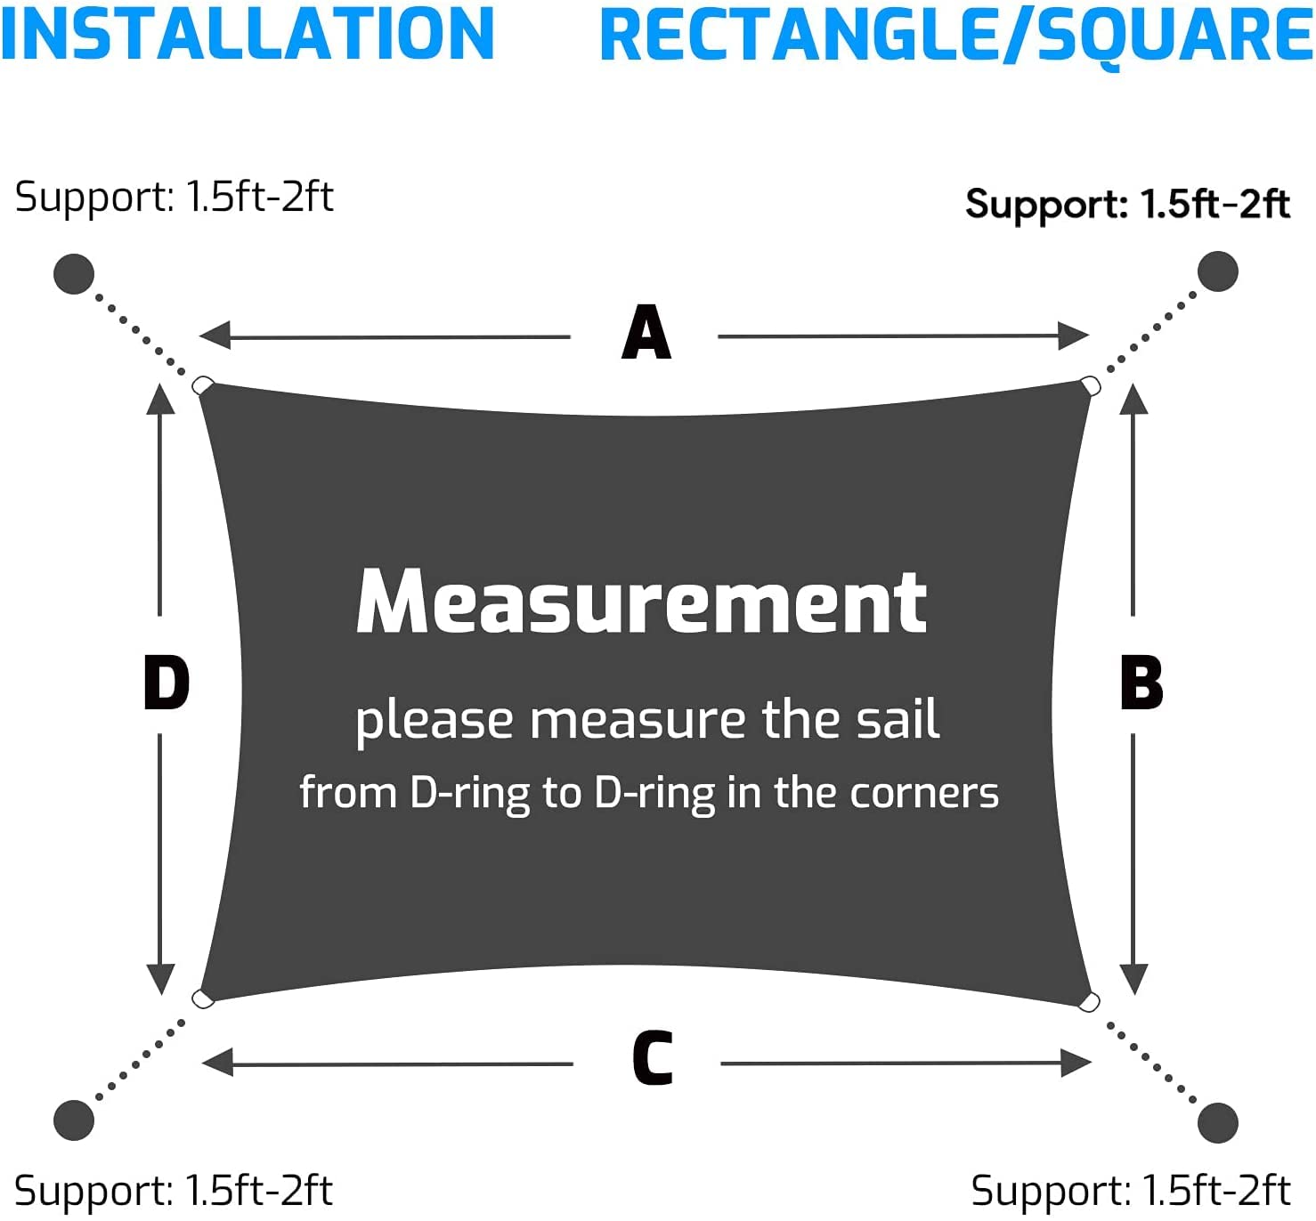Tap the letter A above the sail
coord(646,333)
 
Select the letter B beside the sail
coord(1141,683)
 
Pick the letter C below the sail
coord(653,1058)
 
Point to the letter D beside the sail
coord(167,683)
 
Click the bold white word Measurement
coord(641,602)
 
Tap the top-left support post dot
coord(74,273)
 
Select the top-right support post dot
coord(1217,271)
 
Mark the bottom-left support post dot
coord(74,1120)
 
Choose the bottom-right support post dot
coord(1218,1123)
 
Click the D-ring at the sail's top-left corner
coord(203,385)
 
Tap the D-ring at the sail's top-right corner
coord(1090,385)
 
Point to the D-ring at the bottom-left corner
coord(203,999)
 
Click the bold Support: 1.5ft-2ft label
coord(1127,205)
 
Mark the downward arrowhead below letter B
coord(1133,979)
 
